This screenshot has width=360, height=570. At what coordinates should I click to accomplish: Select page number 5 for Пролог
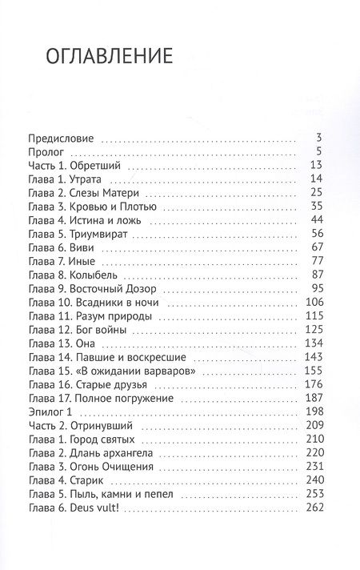[x=318, y=151]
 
